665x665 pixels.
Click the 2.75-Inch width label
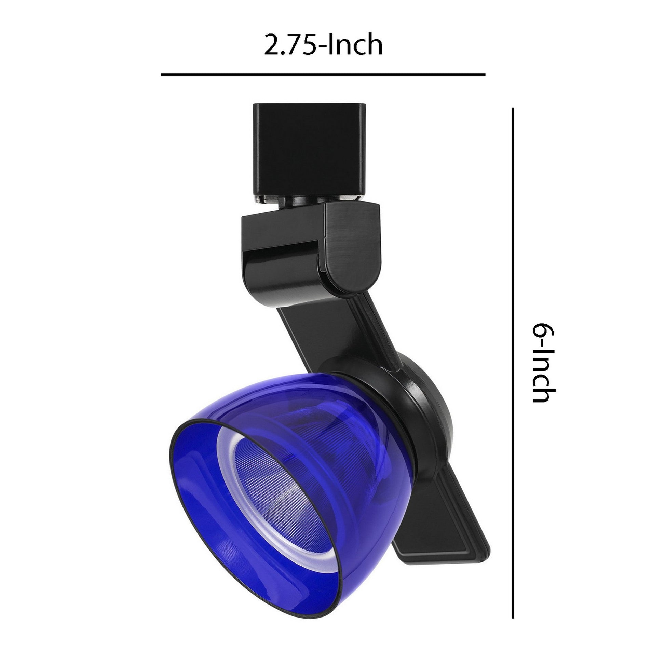click(323, 45)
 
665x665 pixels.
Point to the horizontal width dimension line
click(323, 74)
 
